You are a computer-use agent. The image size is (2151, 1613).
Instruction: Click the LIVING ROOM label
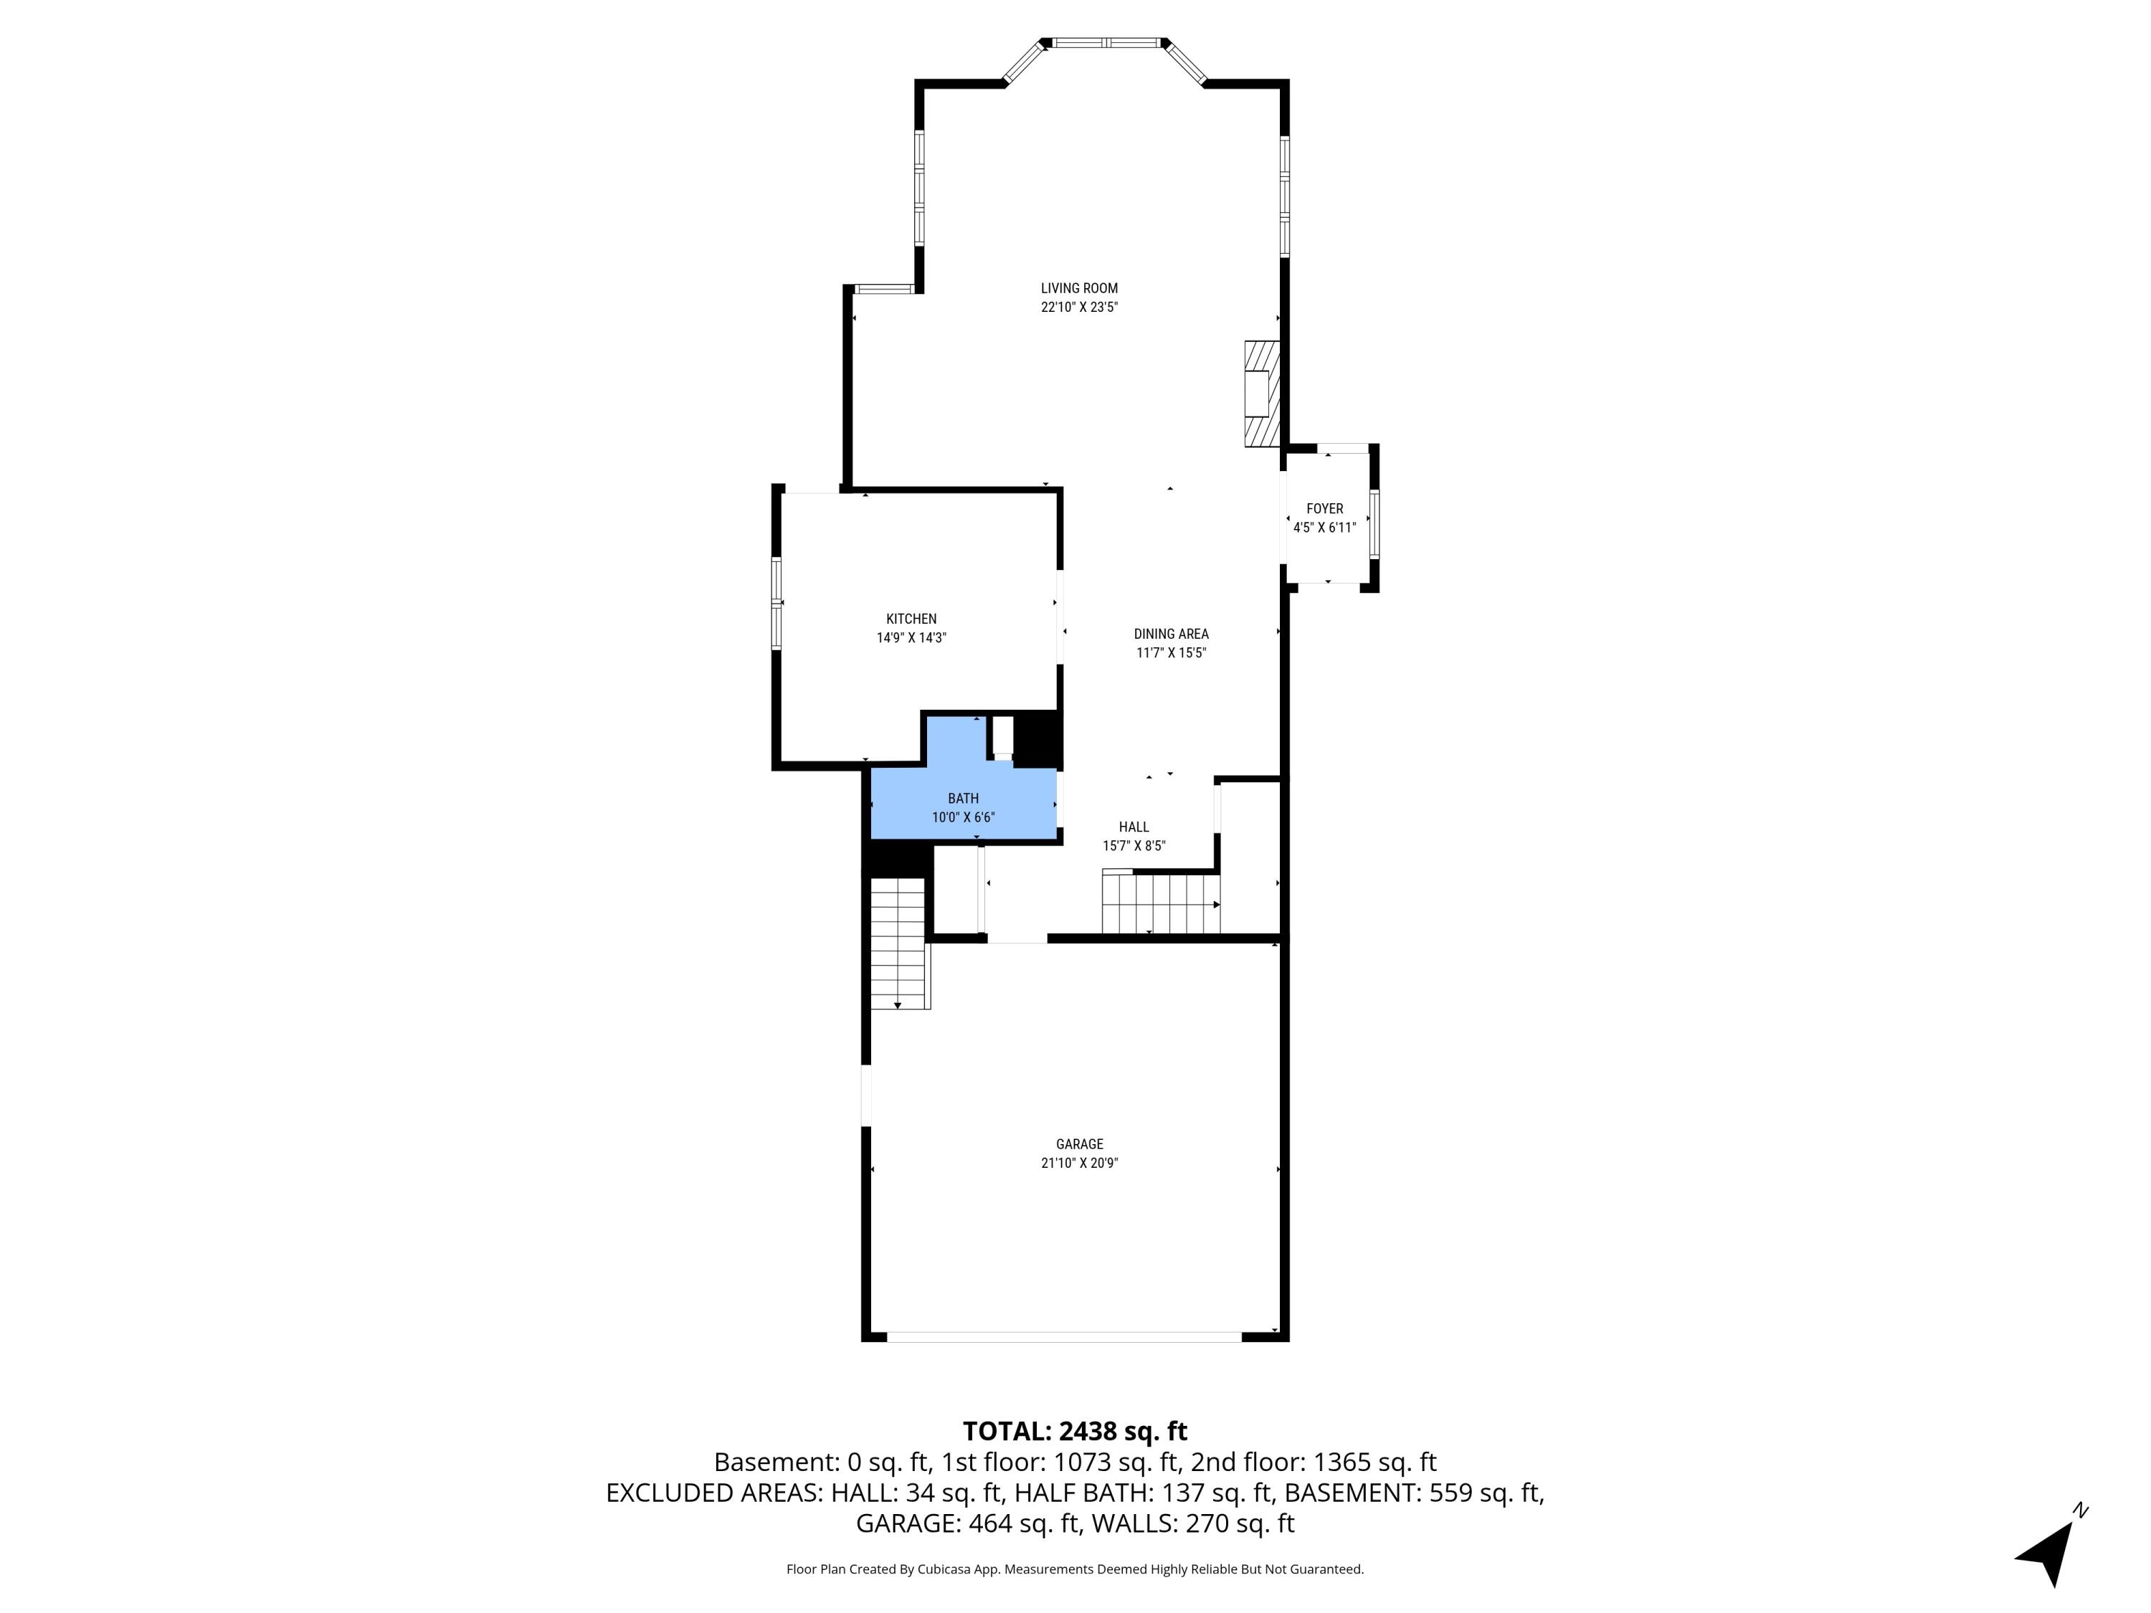tap(1078, 287)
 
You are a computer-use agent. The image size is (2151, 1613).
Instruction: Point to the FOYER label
tap(1324, 508)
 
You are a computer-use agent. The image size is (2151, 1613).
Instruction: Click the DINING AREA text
tap(1170, 634)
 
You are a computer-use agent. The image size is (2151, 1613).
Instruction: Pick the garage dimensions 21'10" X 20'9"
tap(1078, 1163)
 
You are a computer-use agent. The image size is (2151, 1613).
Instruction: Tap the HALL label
tap(1133, 827)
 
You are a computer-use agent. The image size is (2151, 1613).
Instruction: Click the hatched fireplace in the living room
tap(1261, 393)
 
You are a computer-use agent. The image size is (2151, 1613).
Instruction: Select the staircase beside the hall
tap(1160, 903)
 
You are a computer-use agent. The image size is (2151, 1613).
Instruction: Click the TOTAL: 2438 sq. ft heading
tap(1075, 1430)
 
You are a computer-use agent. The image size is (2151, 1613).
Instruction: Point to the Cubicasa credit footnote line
tap(1075, 1569)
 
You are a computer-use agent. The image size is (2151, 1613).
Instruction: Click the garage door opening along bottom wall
tap(1064, 1337)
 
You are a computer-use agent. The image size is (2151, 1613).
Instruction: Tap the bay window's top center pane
tap(1106, 43)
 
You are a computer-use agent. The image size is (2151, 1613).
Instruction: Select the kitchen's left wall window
tap(776, 603)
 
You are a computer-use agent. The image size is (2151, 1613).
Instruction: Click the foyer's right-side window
tap(1373, 523)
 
